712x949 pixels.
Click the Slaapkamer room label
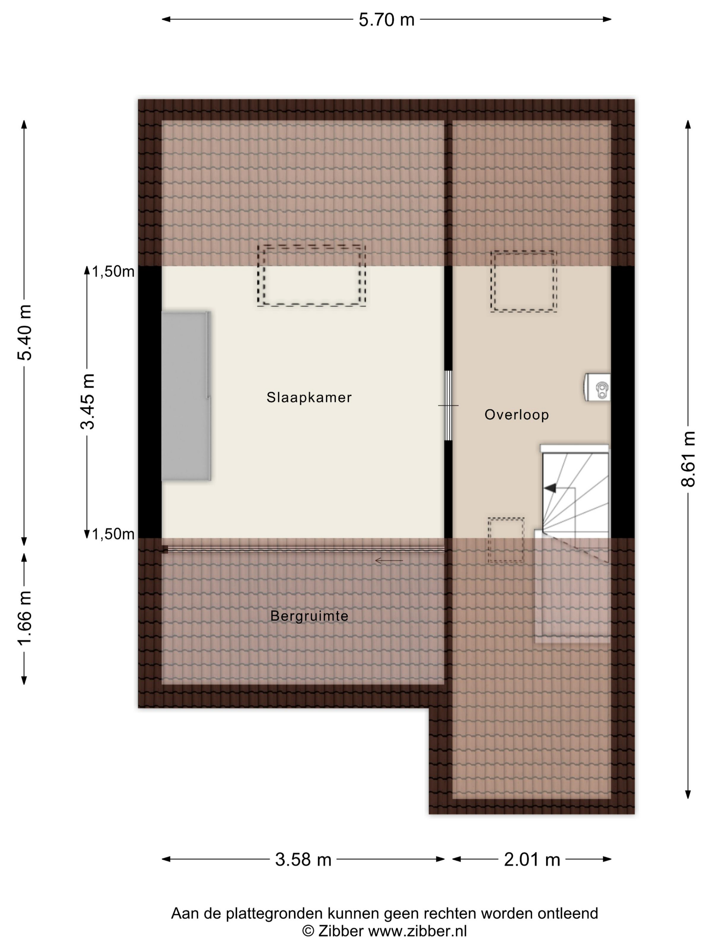[309, 397]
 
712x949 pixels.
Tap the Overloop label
[517, 415]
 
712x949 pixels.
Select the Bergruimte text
[309, 616]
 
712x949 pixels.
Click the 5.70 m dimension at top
[386, 20]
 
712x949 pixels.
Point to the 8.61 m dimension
[688, 459]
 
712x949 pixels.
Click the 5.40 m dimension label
[24, 332]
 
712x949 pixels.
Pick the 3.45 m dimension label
[87, 402]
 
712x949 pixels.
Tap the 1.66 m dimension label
[24, 618]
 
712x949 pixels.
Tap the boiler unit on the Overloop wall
[597, 387]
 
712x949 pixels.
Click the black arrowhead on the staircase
[550, 488]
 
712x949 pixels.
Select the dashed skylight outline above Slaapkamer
[312, 246]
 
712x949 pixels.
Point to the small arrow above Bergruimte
[389, 560]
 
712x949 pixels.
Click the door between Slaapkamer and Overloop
[448, 405]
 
